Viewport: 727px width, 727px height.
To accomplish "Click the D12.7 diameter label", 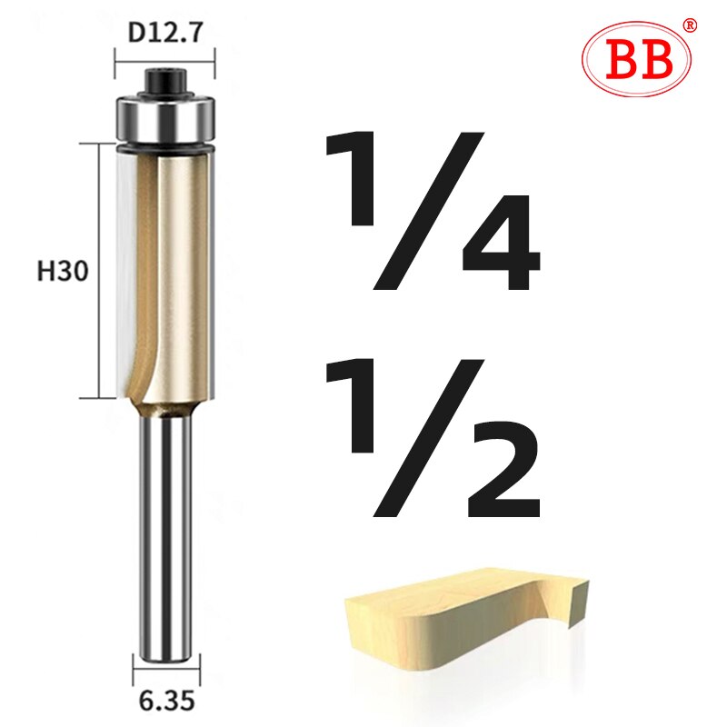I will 164,35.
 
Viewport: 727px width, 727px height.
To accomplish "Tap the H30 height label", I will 63,271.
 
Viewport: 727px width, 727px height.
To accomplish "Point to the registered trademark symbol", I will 690,25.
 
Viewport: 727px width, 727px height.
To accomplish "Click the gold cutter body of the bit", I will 182,273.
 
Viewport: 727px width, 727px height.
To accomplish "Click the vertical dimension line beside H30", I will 95,271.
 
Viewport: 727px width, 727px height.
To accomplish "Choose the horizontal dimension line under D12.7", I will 164,60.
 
